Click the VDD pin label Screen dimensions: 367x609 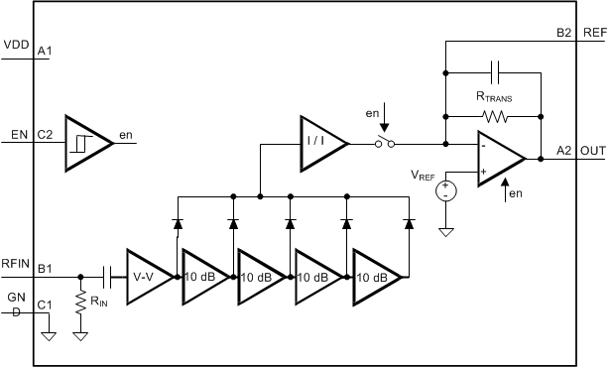(16, 46)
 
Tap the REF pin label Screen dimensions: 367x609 (594, 33)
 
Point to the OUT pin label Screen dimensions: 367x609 (592, 150)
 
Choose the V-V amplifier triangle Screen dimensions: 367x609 (148, 278)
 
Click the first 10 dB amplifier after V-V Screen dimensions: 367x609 (203, 278)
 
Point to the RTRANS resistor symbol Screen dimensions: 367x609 (493, 116)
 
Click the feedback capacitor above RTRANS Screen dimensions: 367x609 (493, 72)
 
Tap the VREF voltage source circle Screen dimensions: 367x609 (446, 188)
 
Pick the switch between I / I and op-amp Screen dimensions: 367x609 (384, 144)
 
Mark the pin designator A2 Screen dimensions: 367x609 (563, 150)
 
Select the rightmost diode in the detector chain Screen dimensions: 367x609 (408, 223)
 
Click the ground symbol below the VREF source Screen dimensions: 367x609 (446, 233)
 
